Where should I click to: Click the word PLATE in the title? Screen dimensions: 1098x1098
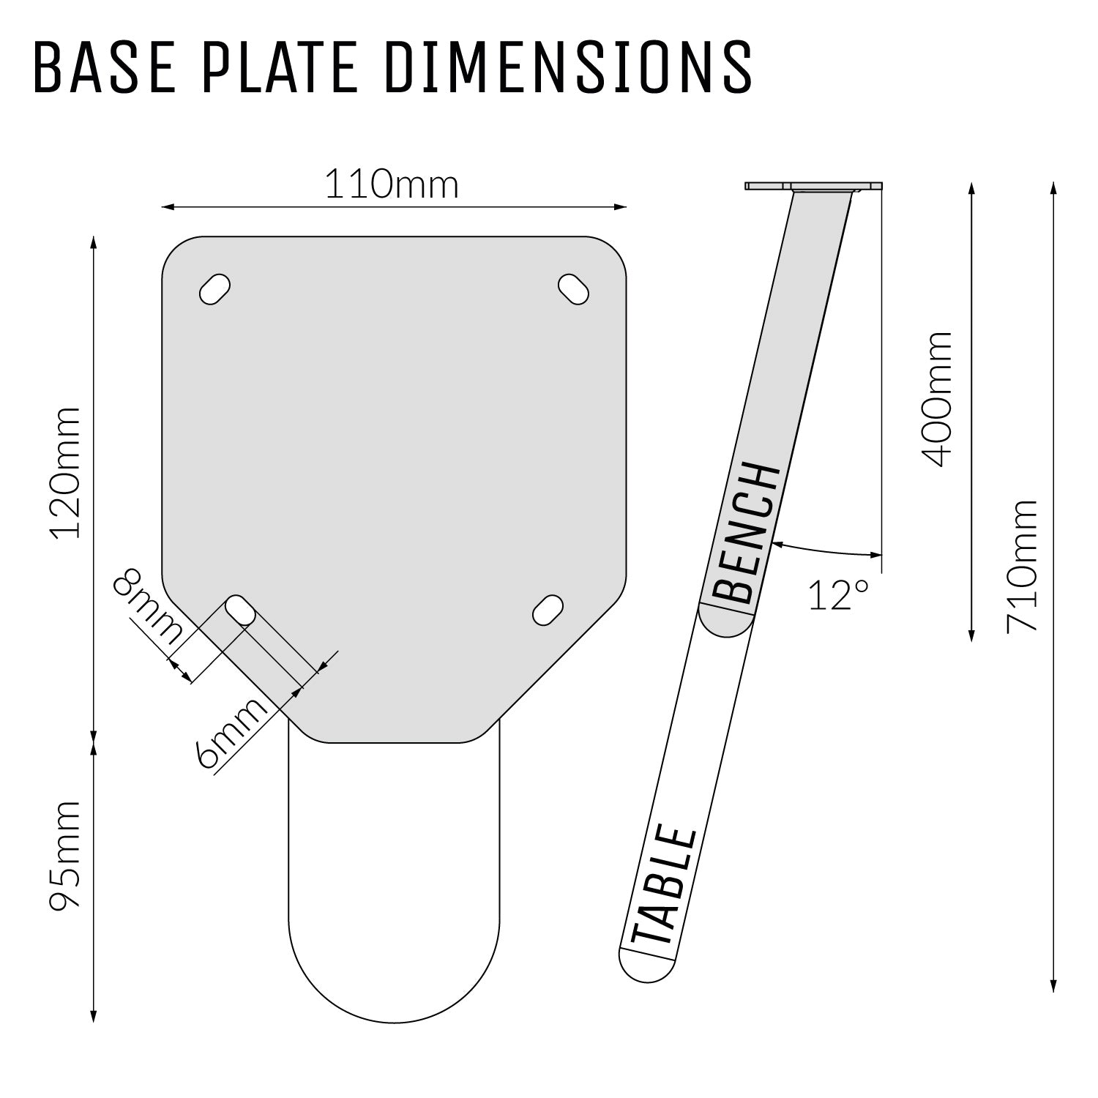[278, 67]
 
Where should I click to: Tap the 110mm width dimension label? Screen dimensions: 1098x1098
[392, 184]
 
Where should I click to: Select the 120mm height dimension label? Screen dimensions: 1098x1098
[64, 473]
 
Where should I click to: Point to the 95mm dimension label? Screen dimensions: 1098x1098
[64, 856]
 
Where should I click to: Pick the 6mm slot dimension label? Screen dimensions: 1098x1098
[231, 733]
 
